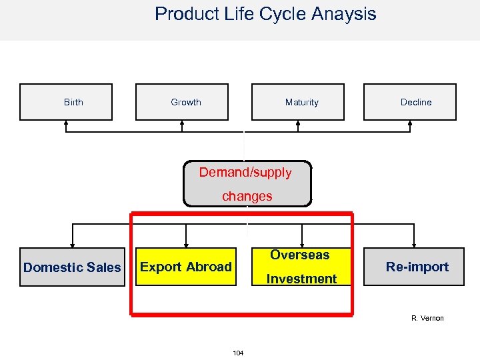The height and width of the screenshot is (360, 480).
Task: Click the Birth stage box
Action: [66, 102]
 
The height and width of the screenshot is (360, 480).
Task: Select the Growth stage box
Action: [182, 102]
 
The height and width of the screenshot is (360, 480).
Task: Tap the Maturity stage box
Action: [297, 102]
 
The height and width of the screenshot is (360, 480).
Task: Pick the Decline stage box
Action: [409, 102]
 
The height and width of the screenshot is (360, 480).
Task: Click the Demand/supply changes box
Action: [247, 183]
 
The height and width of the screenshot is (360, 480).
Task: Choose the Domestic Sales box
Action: [72, 267]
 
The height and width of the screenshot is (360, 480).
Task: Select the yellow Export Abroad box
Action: [186, 267]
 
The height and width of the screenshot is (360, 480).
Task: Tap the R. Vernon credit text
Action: [427, 318]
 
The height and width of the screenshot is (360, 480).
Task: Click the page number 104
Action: [238, 352]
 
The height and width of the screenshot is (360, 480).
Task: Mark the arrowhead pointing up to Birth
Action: [66, 123]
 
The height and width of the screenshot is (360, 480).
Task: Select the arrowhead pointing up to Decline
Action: [409, 123]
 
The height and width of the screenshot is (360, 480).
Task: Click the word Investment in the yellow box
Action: [301, 279]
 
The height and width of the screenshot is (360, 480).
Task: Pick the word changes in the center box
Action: [247, 196]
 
